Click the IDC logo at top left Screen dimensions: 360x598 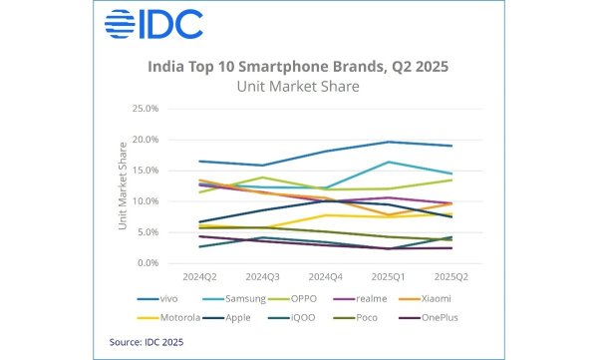tap(151, 23)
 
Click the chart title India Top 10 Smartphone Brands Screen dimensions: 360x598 tap(299, 68)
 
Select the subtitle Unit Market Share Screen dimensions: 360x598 tap(299, 87)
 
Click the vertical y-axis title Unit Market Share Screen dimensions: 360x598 tap(124, 186)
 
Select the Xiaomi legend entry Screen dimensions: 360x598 tap(447, 300)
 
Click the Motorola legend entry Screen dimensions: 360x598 tap(176, 318)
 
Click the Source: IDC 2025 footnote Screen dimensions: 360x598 tap(148, 342)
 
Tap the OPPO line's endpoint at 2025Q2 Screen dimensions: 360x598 tap(452, 180)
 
